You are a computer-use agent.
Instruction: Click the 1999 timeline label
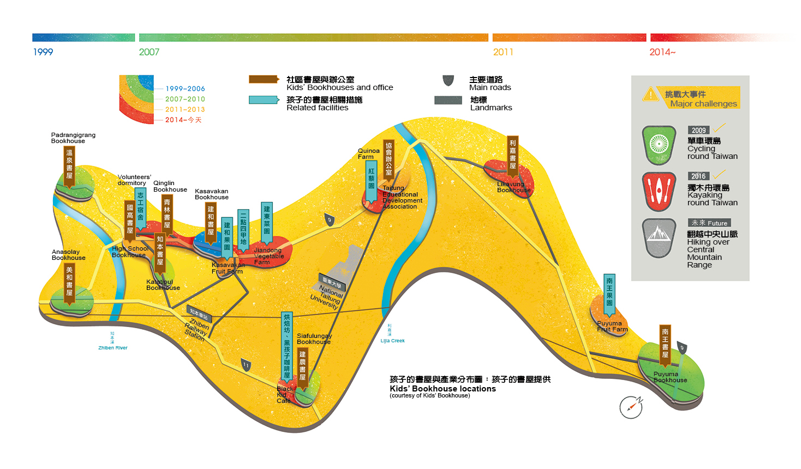(43, 52)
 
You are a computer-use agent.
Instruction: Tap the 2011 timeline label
(503, 52)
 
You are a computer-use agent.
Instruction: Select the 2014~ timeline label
(662, 52)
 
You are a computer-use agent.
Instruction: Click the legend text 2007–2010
(185, 99)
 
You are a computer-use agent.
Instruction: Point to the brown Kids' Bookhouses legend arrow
(264, 80)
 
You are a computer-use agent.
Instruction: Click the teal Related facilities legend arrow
(264, 100)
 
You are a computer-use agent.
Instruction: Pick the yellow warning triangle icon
(650, 95)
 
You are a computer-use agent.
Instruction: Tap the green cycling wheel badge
(659, 144)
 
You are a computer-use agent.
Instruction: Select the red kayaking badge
(659, 191)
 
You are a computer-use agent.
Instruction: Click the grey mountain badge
(659, 237)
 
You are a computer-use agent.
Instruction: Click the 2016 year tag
(698, 176)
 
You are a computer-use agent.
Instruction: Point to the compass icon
(631, 407)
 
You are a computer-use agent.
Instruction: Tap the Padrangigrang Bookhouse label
(73, 138)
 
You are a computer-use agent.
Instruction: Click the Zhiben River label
(113, 348)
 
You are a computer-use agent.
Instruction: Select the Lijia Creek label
(393, 341)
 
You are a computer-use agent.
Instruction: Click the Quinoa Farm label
(368, 154)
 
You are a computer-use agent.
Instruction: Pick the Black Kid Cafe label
(284, 395)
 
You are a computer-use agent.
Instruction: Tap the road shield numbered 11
(246, 365)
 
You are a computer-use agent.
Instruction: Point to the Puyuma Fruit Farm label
(612, 326)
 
